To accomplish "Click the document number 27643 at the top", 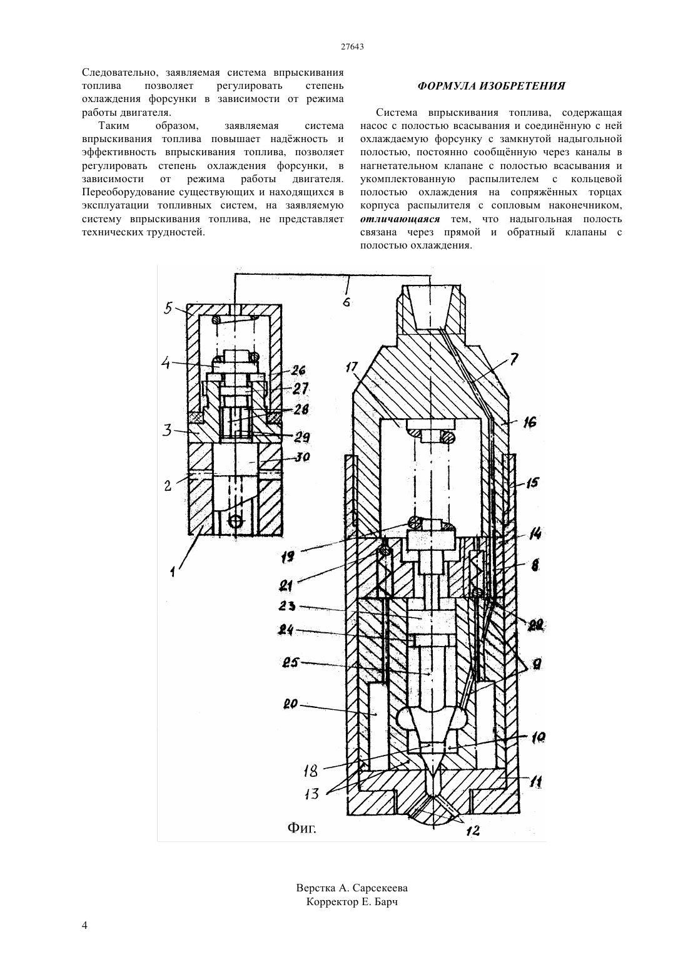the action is pyautogui.click(x=352, y=48).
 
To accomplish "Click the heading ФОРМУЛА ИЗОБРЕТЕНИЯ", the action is pyautogui.click(x=491, y=86).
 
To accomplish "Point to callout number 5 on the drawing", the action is pyautogui.click(x=168, y=309).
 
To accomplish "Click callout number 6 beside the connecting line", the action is pyautogui.click(x=346, y=301).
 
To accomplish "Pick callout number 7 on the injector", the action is pyautogui.click(x=514, y=359).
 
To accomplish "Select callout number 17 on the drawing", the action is pyautogui.click(x=352, y=367).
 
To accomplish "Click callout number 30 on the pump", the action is pyautogui.click(x=300, y=457).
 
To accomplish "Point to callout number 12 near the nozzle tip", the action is pyautogui.click(x=473, y=831).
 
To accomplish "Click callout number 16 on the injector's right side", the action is pyautogui.click(x=530, y=422).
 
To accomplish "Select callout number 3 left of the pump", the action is pyautogui.click(x=167, y=431).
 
